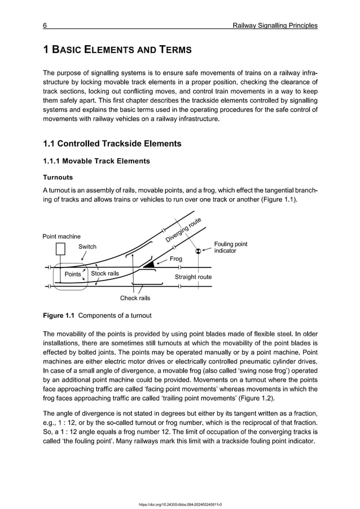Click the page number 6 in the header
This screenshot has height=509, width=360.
tap(45, 25)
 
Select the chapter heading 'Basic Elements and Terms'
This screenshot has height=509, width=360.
tap(117, 50)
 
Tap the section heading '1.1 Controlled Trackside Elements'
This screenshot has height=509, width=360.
tap(112, 143)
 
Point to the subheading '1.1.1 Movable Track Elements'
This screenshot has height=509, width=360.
tap(96, 161)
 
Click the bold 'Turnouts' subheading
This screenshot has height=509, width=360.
tap(58, 177)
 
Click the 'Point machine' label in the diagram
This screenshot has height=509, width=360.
tap(62, 236)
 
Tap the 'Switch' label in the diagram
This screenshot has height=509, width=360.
tap(87, 247)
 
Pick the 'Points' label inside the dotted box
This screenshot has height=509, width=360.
tap(73, 274)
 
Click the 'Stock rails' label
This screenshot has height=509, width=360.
tap(105, 274)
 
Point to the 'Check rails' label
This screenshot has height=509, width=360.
tap(135, 298)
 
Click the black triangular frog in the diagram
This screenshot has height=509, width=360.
tap(149, 263)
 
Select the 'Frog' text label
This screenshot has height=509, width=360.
tap(177, 259)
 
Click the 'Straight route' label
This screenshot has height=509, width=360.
tap(193, 277)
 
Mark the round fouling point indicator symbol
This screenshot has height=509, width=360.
tap(198, 251)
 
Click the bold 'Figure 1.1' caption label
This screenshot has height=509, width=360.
tap(60, 314)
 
